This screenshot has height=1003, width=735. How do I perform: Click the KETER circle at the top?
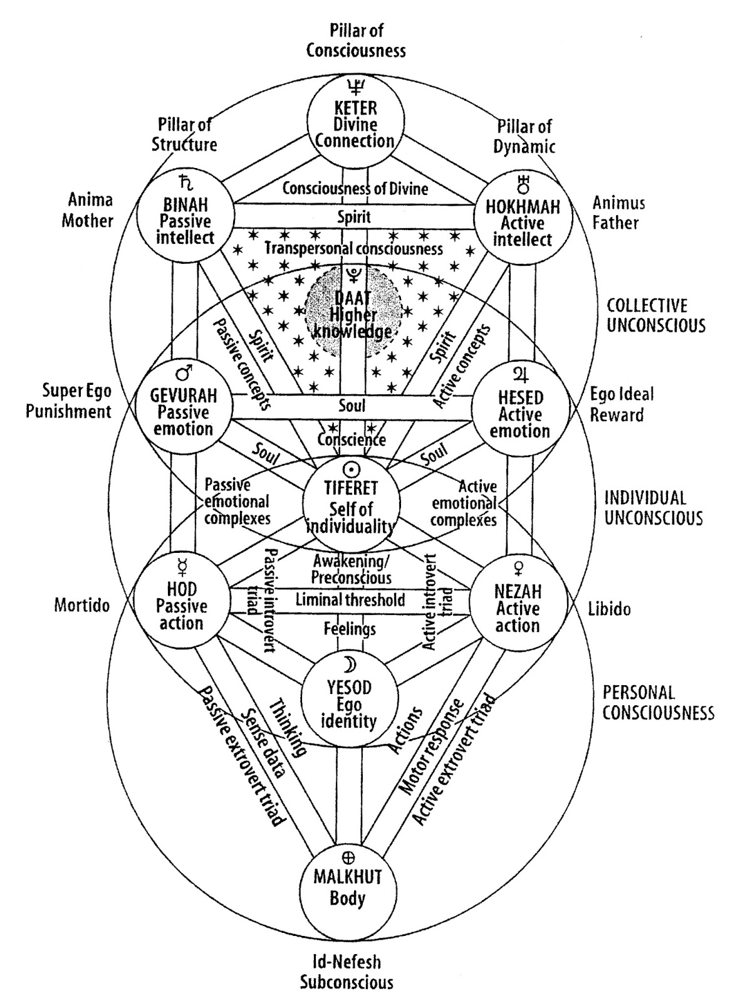(x=352, y=120)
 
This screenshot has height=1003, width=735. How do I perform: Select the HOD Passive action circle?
(x=182, y=602)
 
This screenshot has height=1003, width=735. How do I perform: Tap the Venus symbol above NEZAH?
(x=518, y=568)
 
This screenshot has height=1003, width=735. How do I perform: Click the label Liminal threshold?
(x=350, y=600)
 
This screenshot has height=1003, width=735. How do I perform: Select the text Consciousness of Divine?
(x=355, y=188)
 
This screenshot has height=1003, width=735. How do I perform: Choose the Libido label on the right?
(x=608, y=609)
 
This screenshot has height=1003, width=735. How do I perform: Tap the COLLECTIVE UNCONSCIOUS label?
(x=655, y=315)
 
